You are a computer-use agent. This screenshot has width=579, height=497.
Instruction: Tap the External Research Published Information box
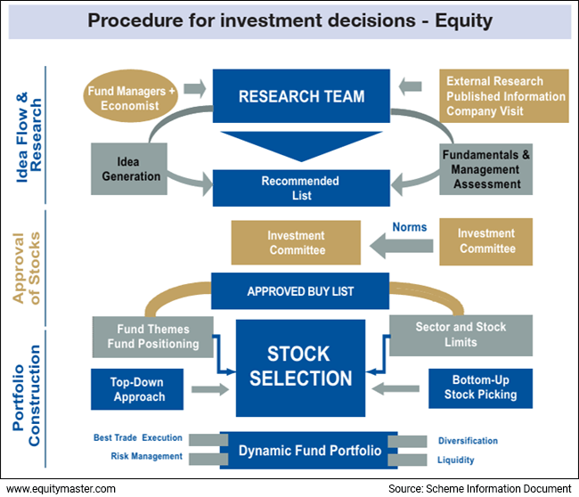pos(505,97)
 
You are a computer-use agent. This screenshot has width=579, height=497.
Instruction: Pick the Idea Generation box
pos(126,168)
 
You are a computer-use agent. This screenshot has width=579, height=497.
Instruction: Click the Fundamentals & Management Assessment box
pos(486,169)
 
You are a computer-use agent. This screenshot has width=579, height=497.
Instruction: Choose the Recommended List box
pos(300,188)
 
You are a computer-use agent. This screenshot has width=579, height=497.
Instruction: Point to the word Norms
pos(409,226)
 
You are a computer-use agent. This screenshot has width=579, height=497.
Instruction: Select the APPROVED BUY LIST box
pos(301,290)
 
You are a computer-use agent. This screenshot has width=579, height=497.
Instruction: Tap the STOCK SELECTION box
pos(301,366)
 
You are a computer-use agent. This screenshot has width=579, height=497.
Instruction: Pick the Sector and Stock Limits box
pos(461,335)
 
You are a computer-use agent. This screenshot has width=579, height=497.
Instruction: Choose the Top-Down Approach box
pos(137,390)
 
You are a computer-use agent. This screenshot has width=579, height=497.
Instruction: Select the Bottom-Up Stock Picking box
pos(478,387)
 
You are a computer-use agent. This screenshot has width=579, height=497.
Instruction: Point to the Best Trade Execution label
pos(138,438)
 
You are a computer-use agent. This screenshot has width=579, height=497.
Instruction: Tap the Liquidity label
pos(456,460)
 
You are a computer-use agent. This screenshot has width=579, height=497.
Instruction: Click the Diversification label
pos(468,441)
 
